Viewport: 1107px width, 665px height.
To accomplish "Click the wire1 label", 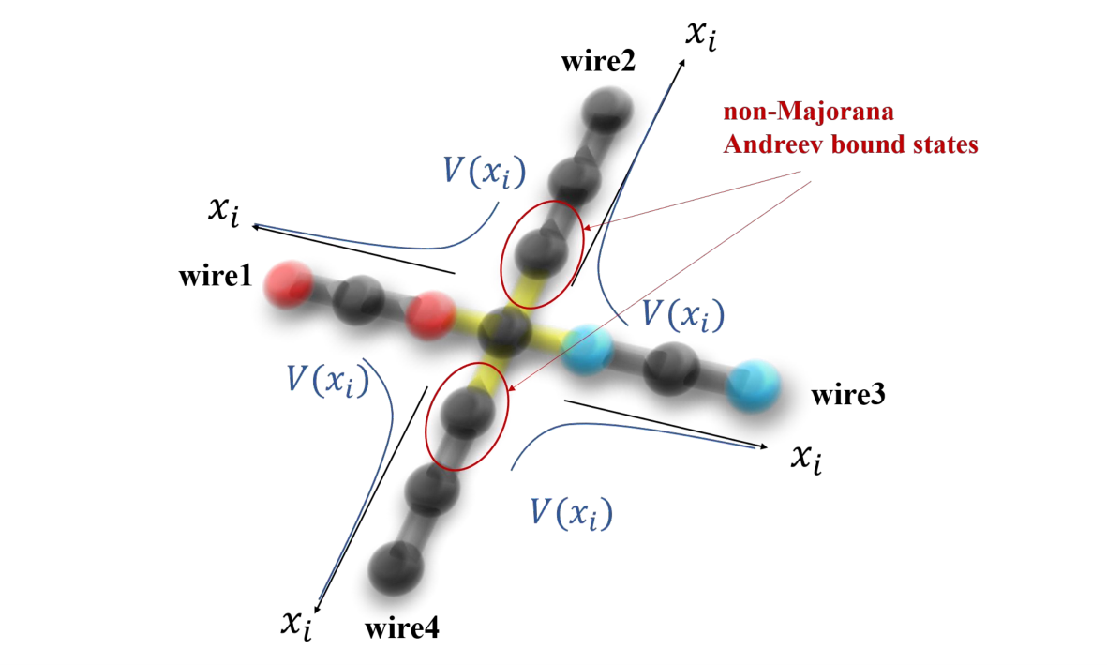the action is point(216,276).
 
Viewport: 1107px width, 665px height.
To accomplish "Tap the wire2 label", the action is point(598,62).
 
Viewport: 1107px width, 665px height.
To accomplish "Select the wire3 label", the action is point(848,394).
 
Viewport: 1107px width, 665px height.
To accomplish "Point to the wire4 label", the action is point(402,627).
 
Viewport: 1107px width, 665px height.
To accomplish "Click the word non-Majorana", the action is point(808,111).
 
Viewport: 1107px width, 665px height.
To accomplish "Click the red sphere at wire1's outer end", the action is point(289,284).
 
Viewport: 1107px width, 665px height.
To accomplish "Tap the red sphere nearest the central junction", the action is point(430,315).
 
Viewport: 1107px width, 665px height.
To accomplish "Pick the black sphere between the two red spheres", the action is point(360,299).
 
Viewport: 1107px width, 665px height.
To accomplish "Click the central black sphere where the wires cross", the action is point(504,331).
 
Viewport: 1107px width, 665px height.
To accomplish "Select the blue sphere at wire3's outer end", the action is point(754,385).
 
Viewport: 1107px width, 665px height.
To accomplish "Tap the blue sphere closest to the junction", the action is point(588,349).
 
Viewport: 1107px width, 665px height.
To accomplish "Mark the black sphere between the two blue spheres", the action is point(672,369).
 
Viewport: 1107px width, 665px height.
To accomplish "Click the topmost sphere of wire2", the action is point(607,111).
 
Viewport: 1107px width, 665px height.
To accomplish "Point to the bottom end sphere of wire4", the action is point(396,567).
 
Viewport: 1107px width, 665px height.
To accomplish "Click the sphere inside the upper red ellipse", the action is point(541,253).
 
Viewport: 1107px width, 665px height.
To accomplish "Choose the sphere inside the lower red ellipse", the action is point(467,412).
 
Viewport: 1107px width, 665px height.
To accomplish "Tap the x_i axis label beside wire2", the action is point(702,36).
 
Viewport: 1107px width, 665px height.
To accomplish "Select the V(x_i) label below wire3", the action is point(571,512).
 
